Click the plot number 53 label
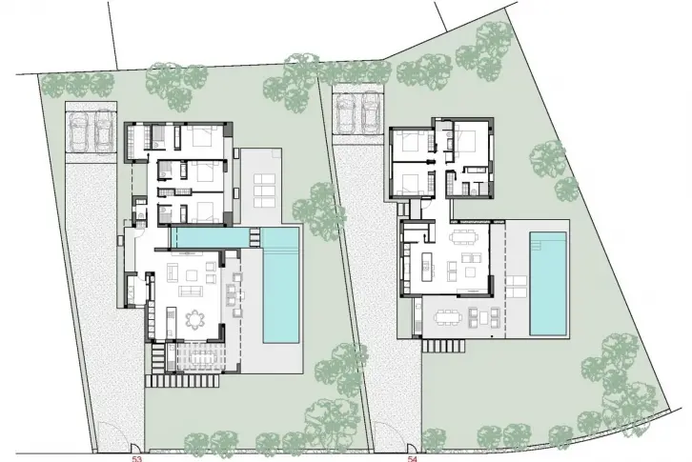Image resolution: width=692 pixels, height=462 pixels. coord(137,459)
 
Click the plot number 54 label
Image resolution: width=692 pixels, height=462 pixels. coord(413,459)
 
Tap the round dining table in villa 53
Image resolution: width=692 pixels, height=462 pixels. coord(194,319)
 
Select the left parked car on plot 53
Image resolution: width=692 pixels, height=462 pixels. coord(78,131)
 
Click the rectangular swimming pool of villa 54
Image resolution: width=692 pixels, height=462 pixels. coord(548,284)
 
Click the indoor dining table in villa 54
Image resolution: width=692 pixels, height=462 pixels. coord(464,237)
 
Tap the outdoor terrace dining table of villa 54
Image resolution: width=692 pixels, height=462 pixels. coord(447,317)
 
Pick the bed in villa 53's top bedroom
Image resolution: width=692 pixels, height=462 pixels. coord(203,135)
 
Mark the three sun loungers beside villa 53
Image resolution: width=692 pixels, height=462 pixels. coord(264,191)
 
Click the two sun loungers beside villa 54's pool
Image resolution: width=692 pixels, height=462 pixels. coord(516,287)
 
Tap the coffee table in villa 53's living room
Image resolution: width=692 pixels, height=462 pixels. coord(192,275)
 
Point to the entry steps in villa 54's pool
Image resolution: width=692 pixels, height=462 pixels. coord(548,238)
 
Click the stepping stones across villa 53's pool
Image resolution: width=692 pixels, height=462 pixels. coord(255,237)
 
